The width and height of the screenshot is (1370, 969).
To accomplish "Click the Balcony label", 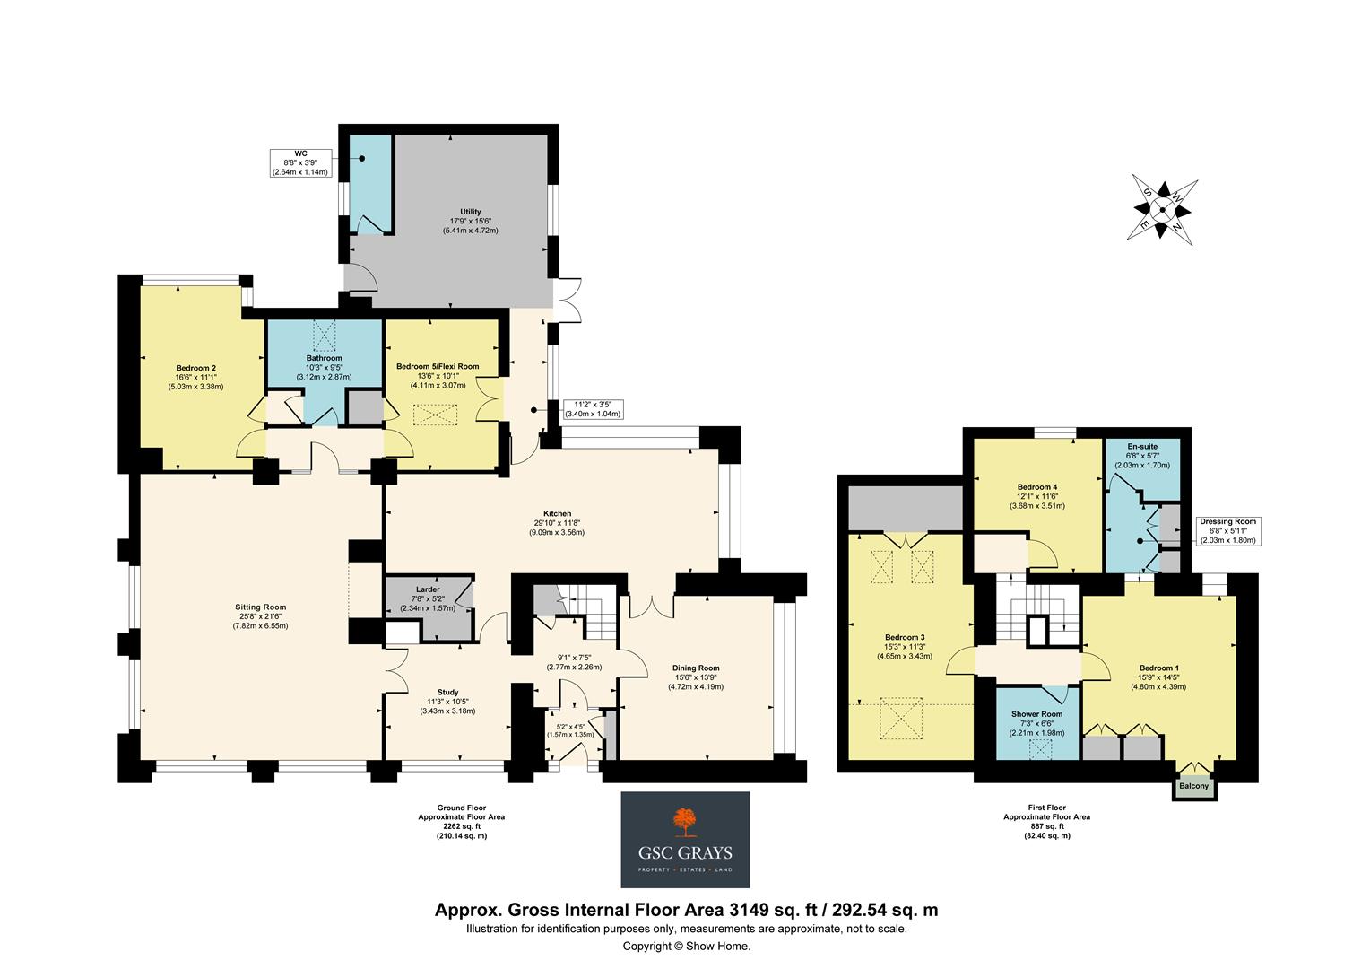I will [x=1193, y=787].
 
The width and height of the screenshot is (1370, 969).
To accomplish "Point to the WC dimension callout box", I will [x=301, y=162].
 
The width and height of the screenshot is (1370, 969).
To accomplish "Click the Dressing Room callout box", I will [x=1227, y=531].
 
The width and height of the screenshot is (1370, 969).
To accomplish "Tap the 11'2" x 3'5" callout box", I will [x=592, y=409].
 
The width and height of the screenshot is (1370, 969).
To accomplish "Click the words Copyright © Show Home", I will [x=686, y=947].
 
